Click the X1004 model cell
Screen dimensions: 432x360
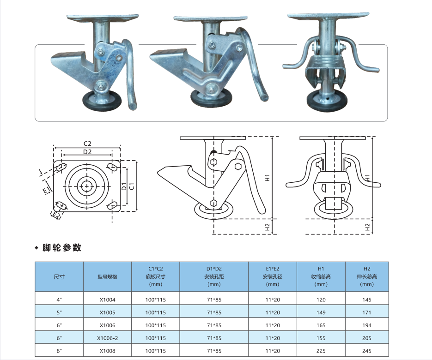108,300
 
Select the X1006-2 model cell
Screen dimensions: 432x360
108,338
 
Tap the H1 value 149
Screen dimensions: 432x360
321,312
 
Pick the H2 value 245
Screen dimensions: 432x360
367,351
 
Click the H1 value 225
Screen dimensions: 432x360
321,351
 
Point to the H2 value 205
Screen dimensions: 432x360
367,338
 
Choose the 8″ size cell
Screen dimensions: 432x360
59,351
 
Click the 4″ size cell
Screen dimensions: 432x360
59,300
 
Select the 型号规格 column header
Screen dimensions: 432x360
108,276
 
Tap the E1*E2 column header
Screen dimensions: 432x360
273,276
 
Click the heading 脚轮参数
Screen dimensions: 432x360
62,247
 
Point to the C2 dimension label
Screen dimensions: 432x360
87,144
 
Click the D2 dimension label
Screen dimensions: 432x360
87,152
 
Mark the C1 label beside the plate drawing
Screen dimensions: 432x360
132,186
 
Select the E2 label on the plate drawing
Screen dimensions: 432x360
56,215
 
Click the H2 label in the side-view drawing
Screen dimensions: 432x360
267,227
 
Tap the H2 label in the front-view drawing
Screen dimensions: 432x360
367,227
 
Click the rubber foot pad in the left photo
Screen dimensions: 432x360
102,101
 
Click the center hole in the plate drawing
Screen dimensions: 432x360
87,186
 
